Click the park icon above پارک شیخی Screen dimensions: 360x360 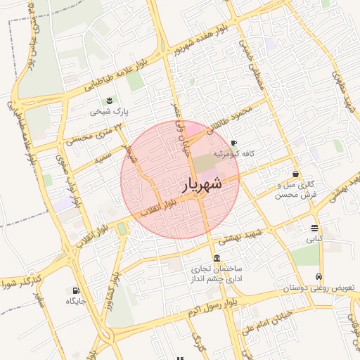coord(110,100)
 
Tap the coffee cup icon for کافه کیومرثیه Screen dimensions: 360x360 coord(233,143)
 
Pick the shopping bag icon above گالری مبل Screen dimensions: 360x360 coord(295,173)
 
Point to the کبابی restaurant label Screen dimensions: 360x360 coord(314,239)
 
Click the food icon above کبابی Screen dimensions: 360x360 coord(314,228)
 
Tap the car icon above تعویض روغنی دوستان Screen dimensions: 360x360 coord(319,277)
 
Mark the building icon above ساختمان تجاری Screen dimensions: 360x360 coord(215,257)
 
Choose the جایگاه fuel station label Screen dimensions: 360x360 coord(76,301)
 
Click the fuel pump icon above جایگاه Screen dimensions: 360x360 coord(75,290)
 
